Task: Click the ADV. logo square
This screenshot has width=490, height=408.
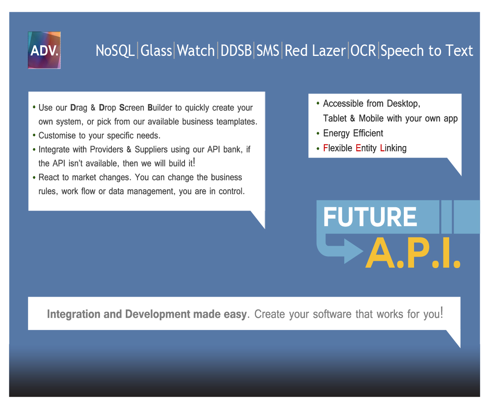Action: tap(44, 50)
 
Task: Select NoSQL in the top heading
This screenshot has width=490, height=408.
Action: tap(115, 51)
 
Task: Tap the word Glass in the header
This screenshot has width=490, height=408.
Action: tap(156, 51)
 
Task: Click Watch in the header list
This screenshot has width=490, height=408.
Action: tap(196, 51)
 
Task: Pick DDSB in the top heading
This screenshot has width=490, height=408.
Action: tap(236, 51)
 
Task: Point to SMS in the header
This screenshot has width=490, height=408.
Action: tap(268, 51)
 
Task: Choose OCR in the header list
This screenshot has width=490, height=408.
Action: tap(363, 51)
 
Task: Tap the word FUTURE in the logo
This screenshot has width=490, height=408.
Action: tap(370, 217)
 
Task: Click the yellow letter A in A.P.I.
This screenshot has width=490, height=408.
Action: tap(380, 253)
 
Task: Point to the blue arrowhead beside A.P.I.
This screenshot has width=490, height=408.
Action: tap(354, 251)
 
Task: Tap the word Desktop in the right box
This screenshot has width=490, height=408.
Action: tap(403, 104)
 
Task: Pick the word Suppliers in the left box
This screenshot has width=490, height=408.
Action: tap(151, 150)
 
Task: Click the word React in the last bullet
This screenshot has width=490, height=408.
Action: tap(49, 177)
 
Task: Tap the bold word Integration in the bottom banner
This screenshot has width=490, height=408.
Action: tap(73, 314)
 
